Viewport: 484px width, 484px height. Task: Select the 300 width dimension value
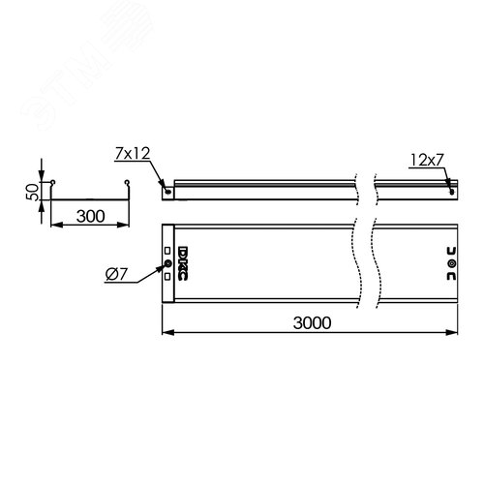pyautogui.click(x=88, y=218)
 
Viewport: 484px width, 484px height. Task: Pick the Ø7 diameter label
pyautogui.click(x=116, y=279)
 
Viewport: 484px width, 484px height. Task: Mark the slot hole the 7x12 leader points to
pyautogui.click(x=170, y=191)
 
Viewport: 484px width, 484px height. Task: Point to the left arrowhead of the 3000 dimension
pyautogui.click(x=165, y=333)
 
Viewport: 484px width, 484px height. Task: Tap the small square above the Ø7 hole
pyautogui.click(x=166, y=252)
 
